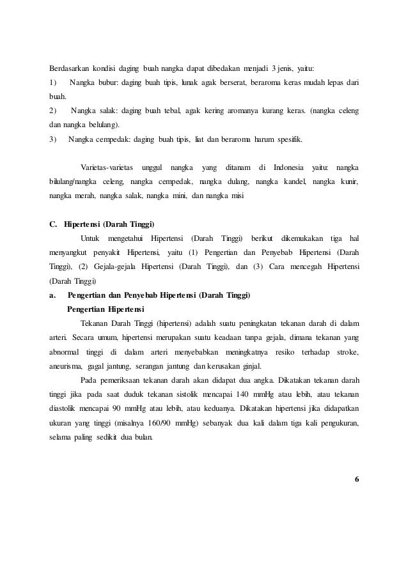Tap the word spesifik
[x=288, y=139]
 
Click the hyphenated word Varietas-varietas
[x=105, y=168]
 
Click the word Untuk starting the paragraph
[x=88, y=239]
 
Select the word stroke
[x=345, y=352]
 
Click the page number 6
[x=356, y=479]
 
